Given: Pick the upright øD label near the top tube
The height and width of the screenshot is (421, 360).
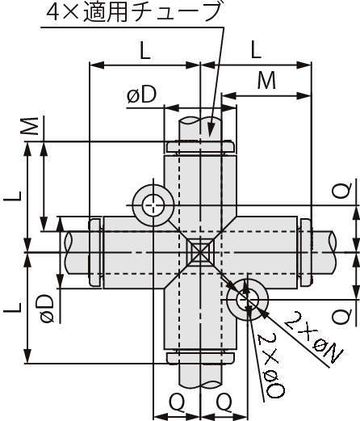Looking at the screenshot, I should tap(141, 95).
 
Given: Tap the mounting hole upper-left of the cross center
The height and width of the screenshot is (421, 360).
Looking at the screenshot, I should tap(152, 205).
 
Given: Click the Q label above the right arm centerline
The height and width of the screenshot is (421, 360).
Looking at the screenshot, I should tap(341, 191).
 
